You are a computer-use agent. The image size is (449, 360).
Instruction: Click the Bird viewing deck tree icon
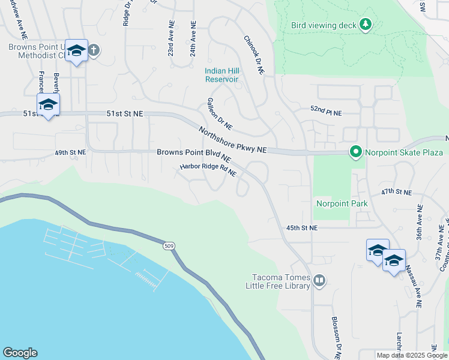pos(366,25)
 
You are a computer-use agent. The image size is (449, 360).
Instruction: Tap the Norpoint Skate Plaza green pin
pos(355,152)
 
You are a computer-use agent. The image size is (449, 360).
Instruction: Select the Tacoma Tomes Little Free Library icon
pos(319,280)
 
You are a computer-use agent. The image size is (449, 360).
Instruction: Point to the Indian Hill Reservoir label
pos(221,75)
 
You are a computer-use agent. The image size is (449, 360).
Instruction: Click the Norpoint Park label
pos(342,203)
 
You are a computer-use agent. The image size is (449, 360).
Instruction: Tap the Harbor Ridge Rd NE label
pos(208,170)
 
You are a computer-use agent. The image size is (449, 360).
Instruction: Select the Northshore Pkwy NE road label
pos(232,140)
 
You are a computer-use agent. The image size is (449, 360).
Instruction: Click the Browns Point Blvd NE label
pos(194,154)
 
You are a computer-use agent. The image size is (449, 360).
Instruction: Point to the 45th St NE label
pos(301,228)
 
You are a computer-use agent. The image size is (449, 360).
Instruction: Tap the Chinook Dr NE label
pos(254,54)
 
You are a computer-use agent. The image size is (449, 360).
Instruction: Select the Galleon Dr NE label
pos(219,114)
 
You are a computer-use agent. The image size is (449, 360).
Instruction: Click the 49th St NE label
pos(70,152)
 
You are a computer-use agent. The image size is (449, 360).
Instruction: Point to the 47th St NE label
pos(397,192)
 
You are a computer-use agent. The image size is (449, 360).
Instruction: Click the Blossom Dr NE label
pos(336,337)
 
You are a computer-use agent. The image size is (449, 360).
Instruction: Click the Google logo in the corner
pos(20,353)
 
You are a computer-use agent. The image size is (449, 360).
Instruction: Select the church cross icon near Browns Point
pos(94,50)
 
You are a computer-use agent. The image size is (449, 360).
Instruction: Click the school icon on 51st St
pos(48,104)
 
